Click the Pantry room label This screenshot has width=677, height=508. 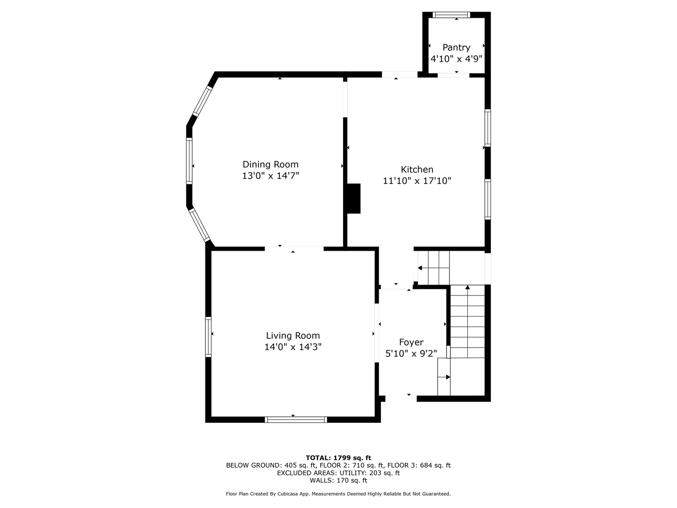456,48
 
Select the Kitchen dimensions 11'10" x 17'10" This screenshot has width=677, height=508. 417,181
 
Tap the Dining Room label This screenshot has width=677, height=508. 270,165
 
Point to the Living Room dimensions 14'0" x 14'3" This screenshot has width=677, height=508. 293,347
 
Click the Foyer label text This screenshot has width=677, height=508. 411,342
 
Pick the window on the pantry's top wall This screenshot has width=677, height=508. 451,15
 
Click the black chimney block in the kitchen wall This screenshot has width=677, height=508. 354,198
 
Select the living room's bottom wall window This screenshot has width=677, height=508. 296,420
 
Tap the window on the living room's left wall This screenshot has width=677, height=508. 208,337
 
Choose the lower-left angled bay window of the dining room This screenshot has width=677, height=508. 199,225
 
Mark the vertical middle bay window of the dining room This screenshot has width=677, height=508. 189,161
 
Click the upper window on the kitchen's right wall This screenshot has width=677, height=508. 488,128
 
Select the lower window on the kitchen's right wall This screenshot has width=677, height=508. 488,199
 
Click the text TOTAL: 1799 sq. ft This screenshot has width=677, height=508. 338,458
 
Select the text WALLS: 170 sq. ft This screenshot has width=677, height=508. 338,480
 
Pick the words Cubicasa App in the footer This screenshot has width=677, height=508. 293,494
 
